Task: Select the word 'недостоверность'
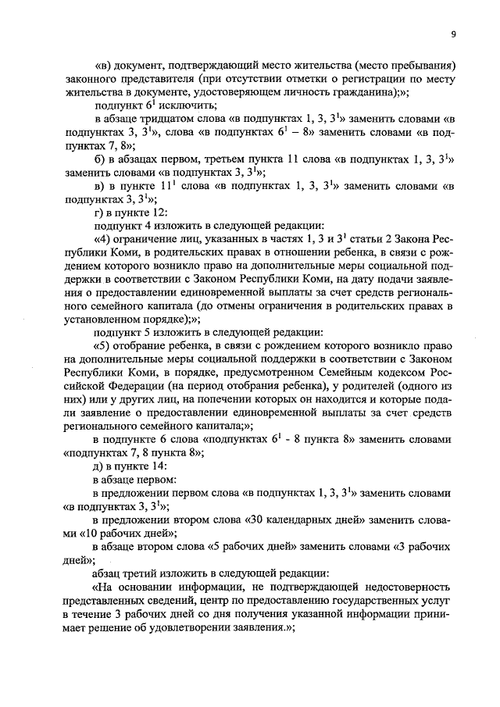click(x=407, y=586)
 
